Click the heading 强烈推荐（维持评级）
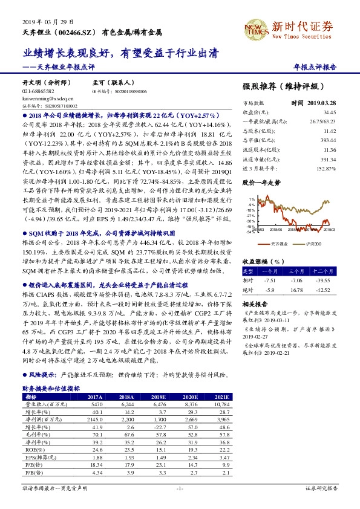pyautogui.click(x=288, y=86)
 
